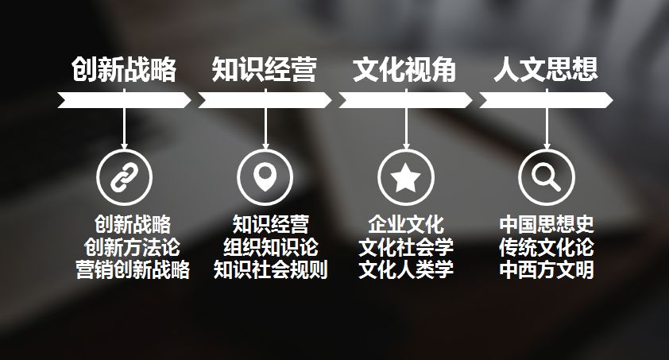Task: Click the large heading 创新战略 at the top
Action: pyautogui.click(x=123, y=71)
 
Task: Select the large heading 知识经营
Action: pyautogui.click(x=264, y=71)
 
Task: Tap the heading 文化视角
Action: pyautogui.click(x=404, y=71)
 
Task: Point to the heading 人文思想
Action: pyautogui.click(x=545, y=71)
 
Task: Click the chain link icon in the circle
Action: pyautogui.click(x=124, y=177)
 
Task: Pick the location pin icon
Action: pyautogui.click(x=265, y=177)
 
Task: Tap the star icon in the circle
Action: pyautogui.click(x=405, y=177)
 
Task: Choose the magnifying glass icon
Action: pyautogui.click(x=546, y=177)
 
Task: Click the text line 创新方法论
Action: pyautogui.click(x=132, y=247)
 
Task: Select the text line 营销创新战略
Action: pyautogui.click(x=132, y=269)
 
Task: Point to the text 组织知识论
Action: pyautogui.click(x=270, y=247)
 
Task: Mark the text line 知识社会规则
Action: pyautogui.click(x=270, y=269)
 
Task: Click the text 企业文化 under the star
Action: pyautogui.click(x=405, y=224)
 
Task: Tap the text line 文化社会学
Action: pyautogui.click(x=405, y=247)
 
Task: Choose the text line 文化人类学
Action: pyautogui.click(x=405, y=269)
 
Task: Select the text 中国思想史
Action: pyautogui.click(x=547, y=224)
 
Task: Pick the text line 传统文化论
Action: pyautogui.click(x=547, y=247)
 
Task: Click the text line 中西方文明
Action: pyautogui.click(x=547, y=269)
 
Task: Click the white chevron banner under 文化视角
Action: pyautogui.click(x=405, y=100)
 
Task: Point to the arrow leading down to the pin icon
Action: pyautogui.click(x=265, y=127)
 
